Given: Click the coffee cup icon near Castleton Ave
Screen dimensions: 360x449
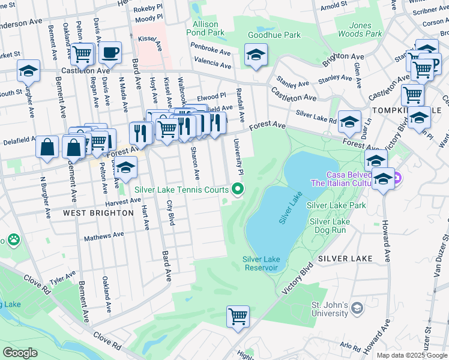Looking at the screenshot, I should (x=110, y=53).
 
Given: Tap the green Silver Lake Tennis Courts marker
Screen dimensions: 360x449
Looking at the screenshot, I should (x=238, y=190).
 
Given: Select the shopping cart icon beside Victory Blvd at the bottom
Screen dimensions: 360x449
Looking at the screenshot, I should (x=238, y=316).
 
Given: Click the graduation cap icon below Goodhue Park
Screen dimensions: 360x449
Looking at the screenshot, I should (x=256, y=56).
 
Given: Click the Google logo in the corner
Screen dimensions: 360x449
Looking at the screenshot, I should (x=21, y=353).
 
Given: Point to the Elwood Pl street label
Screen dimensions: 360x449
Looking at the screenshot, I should (x=211, y=95).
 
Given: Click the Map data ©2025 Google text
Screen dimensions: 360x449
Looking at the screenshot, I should (x=411, y=355).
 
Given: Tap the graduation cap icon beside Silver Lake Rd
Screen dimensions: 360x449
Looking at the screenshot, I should (x=349, y=122).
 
